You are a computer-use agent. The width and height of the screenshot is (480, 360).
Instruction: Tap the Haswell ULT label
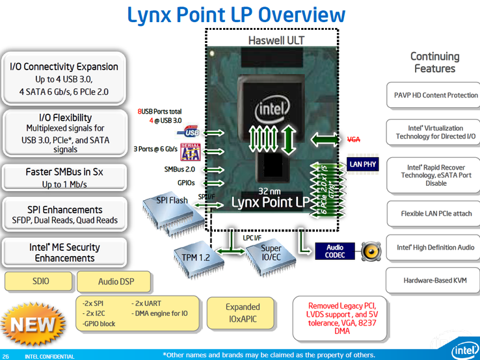(x=276, y=40)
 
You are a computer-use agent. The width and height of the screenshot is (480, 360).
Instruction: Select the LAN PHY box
(x=363, y=164)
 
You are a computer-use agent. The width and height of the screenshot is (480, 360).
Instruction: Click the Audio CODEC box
(x=335, y=251)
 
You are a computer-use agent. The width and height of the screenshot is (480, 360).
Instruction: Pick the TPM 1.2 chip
(x=194, y=256)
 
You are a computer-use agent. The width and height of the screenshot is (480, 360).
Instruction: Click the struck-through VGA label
(x=354, y=139)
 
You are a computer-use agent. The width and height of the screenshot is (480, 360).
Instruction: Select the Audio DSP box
(x=115, y=282)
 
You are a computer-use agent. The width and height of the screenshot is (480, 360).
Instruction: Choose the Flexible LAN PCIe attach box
(x=432, y=212)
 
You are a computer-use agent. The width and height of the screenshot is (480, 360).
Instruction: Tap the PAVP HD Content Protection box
(x=432, y=95)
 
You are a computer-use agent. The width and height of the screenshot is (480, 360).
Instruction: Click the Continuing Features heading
(x=434, y=62)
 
